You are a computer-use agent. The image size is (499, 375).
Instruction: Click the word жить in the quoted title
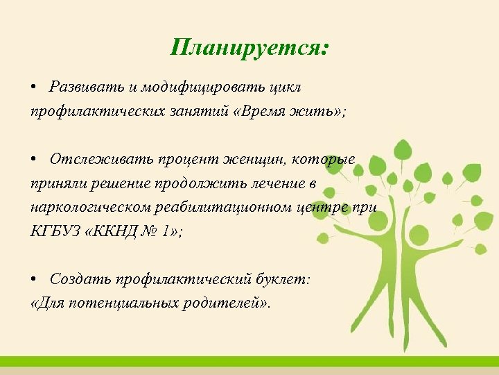(x=313, y=111)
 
